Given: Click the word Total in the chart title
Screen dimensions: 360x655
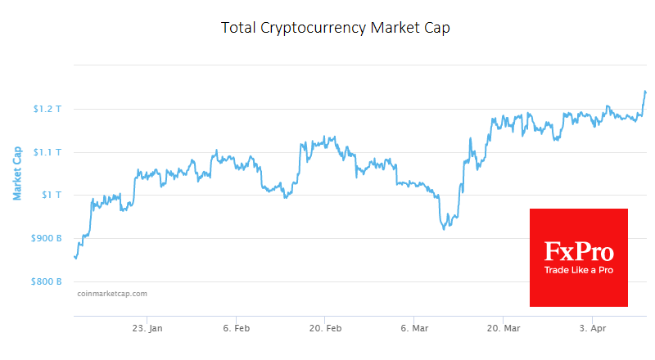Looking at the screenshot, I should [238, 28].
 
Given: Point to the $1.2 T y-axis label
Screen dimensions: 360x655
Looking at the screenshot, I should [47, 109].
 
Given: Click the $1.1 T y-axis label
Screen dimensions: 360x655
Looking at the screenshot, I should [47, 152].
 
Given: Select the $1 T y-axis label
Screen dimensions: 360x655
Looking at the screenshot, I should [51, 195].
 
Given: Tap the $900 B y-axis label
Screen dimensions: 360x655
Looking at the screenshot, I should [46, 238].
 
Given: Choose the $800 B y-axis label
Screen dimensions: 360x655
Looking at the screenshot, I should [46, 281].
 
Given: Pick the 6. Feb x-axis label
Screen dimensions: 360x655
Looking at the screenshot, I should [236, 328].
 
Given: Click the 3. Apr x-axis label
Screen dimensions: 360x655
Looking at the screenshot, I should [592, 328].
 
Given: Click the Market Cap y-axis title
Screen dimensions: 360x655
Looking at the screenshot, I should [17, 173].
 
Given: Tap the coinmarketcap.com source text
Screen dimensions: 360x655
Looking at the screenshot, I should [111, 293].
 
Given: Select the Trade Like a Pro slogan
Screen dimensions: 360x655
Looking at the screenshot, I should [579, 269].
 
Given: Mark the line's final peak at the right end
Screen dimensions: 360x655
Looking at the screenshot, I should [645, 91].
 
